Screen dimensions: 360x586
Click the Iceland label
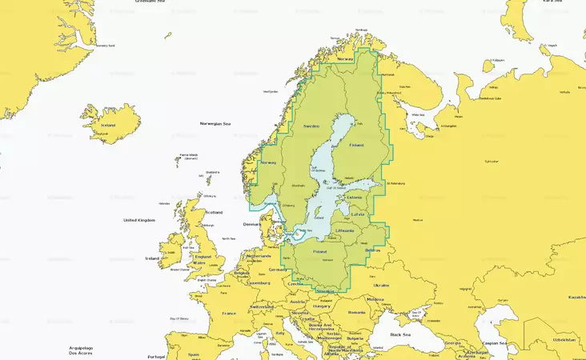108,126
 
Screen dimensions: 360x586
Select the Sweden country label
312,126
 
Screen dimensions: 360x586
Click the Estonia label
355,197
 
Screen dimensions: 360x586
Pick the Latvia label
357,214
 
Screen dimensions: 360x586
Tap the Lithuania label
345,230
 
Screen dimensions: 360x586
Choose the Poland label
320,251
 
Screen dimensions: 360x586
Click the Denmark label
252,224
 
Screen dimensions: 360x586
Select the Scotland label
214,212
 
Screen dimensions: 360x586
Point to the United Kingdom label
139,220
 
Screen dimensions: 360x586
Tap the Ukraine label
381,285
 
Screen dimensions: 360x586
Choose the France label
229,313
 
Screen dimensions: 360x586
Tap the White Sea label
417,114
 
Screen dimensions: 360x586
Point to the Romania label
355,312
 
